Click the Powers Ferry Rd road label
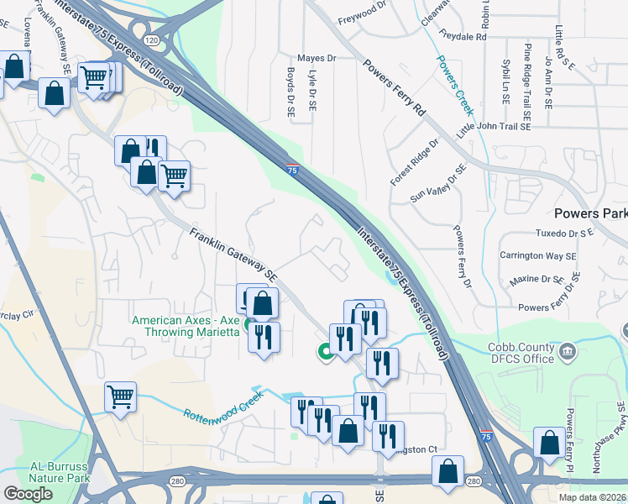click(395, 87)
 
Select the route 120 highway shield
click(151, 39)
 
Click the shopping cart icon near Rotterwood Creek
click(121, 396)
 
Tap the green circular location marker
click(323, 354)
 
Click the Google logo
click(28, 494)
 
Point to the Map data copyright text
click(592, 497)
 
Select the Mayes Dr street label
click(316, 59)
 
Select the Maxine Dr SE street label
click(533, 279)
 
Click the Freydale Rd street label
click(458, 37)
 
